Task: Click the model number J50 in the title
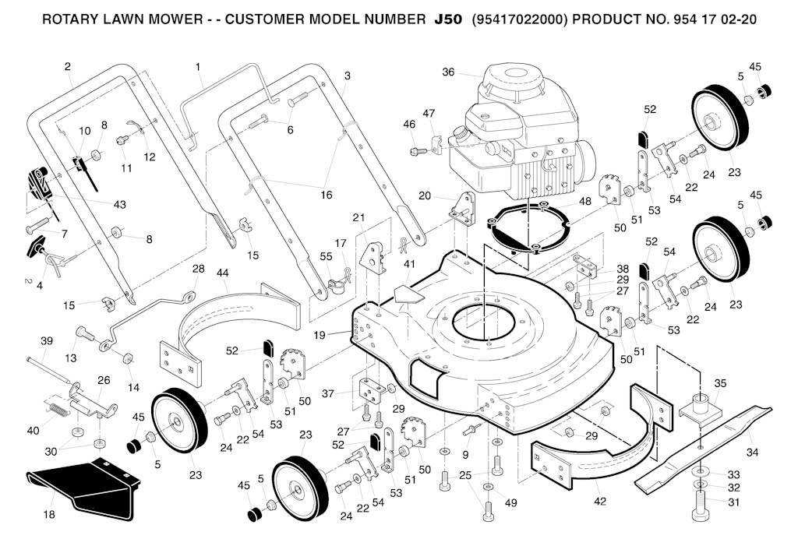coord(449,18)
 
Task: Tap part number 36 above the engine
coord(448,72)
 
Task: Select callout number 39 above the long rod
coord(47,341)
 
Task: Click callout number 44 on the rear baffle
coord(223,273)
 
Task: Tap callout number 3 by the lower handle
coord(347,76)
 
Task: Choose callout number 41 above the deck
coord(408,265)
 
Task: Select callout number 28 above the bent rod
coord(198,269)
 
